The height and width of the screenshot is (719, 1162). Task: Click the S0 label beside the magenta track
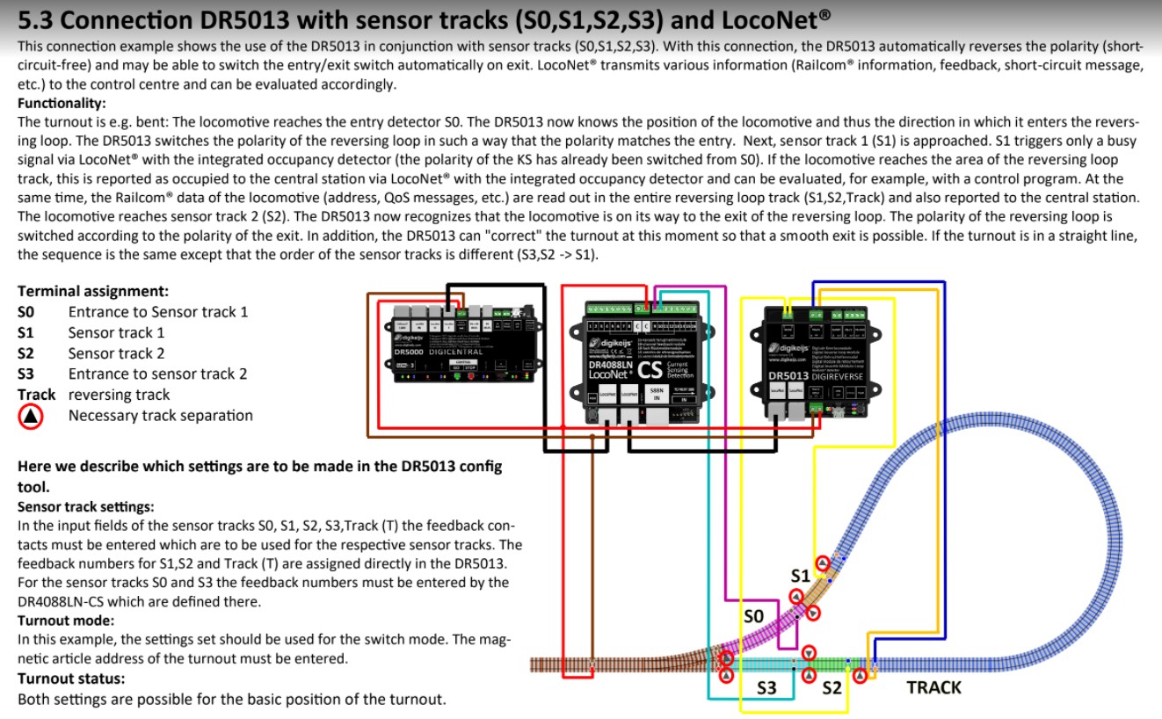pos(753,616)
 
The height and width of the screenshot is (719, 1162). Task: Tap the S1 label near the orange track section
pos(799,576)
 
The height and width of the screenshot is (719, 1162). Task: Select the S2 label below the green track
pos(832,687)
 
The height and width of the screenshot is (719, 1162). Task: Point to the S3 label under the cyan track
pos(766,687)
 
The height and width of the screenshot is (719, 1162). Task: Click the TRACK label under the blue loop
pos(933,687)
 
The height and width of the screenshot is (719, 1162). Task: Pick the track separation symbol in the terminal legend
pos(32,417)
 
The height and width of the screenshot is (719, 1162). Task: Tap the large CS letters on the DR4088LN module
pos(649,371)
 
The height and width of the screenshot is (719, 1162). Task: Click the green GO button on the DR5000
pos(457,376)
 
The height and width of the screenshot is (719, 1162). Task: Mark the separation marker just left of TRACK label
pos(861,674)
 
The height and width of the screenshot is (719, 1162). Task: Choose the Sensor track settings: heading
pos(86,506)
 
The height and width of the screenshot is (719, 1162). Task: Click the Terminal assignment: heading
pos(93,291)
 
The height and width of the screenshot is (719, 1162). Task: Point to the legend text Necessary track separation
pos(160,416)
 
